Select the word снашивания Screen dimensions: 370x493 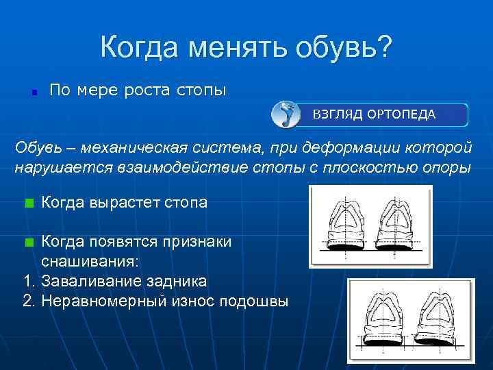tap(89, 262)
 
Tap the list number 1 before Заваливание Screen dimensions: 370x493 tap(27, 282)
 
